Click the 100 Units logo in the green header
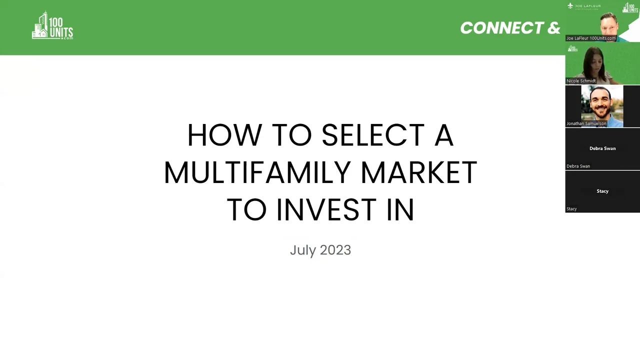(x=52, y=25)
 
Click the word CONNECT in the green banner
(x=502, y=28)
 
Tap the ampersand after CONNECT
(x=553, y=28)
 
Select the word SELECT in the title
(x=373, y=135)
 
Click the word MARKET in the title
(x=419, y=172)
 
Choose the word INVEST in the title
(x=326, y=209)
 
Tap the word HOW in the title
(x=224, y=135)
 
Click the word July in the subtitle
(x=303, y=250)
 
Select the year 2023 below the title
(x=335, y=250)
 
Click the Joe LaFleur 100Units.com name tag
(x=591, y=38)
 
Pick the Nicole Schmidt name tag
(x=581, y=81)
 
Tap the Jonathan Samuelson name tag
(x=586, y=123)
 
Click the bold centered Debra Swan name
(x=602, y=148)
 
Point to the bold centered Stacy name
(x=602, y=191)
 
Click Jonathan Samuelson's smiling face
(x=601, y=103)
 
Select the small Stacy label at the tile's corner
(x=571, y=209)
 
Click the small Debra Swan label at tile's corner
(x=578, y=166)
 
